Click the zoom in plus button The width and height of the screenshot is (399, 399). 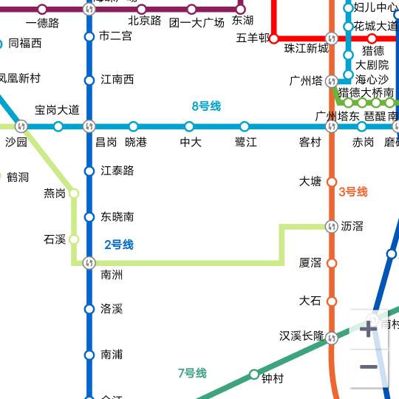(x=368, y=329)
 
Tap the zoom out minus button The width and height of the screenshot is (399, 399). (x=368, y=367)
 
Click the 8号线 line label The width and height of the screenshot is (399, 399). (x=206, y=106)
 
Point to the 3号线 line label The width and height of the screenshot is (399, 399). (x=352, y=192)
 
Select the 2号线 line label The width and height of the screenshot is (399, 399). (x=118, y=245)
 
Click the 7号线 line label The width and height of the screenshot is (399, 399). (x=192, y=373)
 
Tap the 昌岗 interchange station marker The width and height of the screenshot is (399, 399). (x=89, y=126)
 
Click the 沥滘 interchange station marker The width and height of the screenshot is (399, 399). (x=331, y=227)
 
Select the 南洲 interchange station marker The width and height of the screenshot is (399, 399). (x=89, y=262)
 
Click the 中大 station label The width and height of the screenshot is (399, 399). (x=191, y=142)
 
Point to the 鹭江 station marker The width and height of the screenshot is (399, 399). (x=245, y=126)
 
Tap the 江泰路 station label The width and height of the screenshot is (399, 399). (x=117, y=171)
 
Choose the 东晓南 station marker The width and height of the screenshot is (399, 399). (x=89, y=217)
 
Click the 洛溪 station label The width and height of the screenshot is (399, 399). (x=112, y=309)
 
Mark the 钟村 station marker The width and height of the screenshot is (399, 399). (x=254, y=374)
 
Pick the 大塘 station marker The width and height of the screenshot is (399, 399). (x=331, y=182)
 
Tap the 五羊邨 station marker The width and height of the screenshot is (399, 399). (x=273, y=38)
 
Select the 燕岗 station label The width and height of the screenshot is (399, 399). (x=55, y=194)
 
